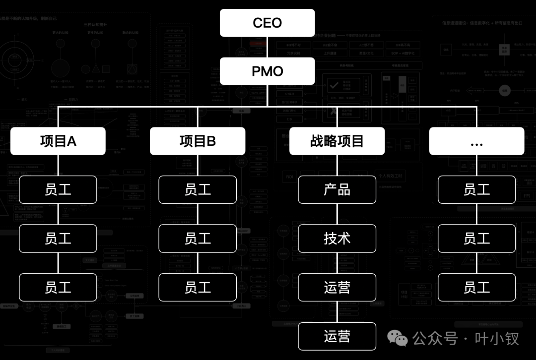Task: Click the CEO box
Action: pos(268,23)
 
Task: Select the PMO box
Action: pos(268,71)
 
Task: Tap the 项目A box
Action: pos(58,141)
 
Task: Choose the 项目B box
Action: pos(198,141)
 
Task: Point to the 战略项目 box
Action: pos(337,141)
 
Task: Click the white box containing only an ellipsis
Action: pos(476,141)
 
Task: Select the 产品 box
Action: pos(337,189)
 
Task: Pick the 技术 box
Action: pos(337,239)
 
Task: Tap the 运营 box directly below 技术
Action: pos(337,287)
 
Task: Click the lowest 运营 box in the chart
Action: pos(337,336)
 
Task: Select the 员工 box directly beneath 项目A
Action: pos(58,189)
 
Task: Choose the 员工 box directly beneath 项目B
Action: pos(198,189)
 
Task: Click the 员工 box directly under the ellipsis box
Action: pos(476,189)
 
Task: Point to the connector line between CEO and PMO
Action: pos(268,47)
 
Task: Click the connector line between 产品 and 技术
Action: pos(337,214)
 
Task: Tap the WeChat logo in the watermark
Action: pos(398,339)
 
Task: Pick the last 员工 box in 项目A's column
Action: pos(58,287)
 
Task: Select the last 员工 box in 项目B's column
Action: pos(198,287)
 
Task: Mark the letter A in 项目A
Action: pos(71,141)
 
